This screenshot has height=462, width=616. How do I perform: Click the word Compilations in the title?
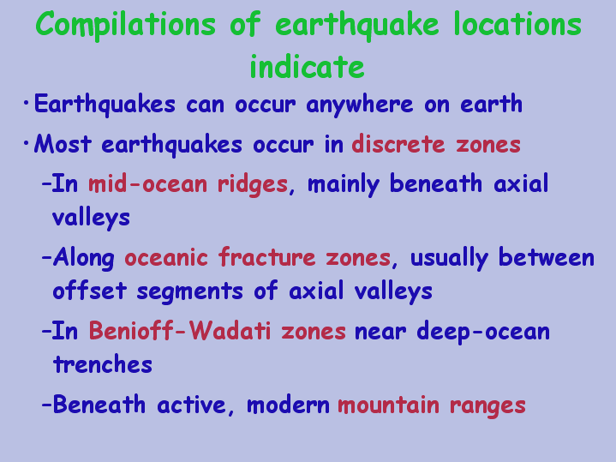125,25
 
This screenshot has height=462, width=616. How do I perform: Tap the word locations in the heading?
517,24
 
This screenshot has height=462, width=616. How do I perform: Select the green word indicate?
308,66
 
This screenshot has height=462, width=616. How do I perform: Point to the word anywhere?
360,105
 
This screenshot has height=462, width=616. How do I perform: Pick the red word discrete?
398,143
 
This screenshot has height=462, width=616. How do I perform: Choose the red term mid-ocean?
147,183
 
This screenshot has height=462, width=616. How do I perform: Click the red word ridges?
253,184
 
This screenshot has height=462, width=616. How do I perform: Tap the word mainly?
344,184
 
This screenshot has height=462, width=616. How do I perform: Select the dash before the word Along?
46,258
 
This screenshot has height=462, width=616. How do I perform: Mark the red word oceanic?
166,258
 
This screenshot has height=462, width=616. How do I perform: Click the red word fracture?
266,257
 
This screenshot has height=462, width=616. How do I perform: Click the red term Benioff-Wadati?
180,331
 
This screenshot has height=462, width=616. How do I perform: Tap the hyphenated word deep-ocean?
483,332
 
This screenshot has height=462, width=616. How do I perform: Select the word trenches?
103,364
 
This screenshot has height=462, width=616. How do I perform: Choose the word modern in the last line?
288,405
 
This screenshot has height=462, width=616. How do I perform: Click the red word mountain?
389,405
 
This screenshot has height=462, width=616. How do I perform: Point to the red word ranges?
487,405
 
